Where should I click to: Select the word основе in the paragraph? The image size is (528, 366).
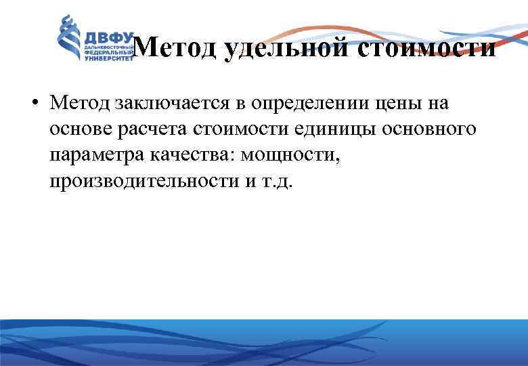pos(77,130)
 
